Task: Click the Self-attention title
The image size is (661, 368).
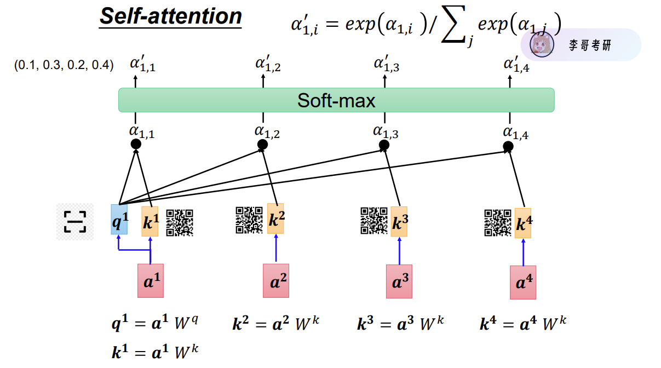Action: click(170, 16)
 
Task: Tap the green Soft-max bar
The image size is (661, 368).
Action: click(336, 100)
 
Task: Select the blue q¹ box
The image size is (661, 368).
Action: click(119, 220)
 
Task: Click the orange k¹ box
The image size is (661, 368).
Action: click(150, 221)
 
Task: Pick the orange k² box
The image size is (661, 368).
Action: click(275, 219)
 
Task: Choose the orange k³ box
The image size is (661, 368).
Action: click(399, 221)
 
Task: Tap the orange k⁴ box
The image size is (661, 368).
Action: click(522, 223)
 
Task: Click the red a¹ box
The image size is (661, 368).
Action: click(150, 280)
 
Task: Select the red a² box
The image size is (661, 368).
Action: click(276, 280)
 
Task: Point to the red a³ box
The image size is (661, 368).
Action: click(399, 281)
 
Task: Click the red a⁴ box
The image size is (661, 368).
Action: click(522, 282)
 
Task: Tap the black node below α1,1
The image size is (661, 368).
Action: click(136, 144)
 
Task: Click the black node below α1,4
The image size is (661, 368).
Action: click(508, 146)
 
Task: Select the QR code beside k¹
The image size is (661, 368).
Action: click(180, 222)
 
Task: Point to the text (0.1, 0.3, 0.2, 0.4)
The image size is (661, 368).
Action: click(64, 66)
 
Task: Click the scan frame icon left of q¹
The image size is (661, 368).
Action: click(74, 221)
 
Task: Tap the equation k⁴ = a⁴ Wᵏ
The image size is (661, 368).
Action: click(523, 324)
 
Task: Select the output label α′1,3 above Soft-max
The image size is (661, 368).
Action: click(386, 65)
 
